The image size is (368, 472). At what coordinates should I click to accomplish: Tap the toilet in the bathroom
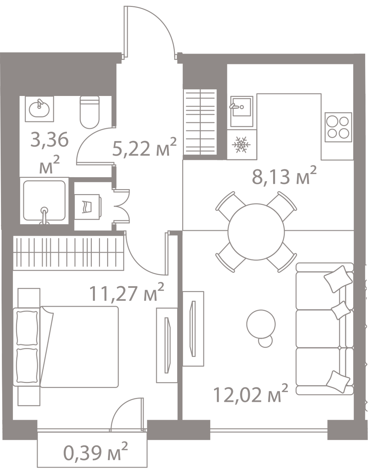[x=90, y=112]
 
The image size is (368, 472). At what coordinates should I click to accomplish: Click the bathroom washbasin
[x=39, y=109]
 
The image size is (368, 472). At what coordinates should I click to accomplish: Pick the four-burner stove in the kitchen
[x=338, y=127]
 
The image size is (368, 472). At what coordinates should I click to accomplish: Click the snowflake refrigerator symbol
[x=241, y=145]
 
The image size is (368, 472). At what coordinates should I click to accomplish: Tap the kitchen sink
[x=242, y=111]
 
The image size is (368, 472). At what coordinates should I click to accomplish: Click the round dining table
[x=256, y=232]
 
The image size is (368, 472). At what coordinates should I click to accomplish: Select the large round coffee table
[x=261, y=324]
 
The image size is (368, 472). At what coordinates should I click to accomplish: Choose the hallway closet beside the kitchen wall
[x=200, y=122]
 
